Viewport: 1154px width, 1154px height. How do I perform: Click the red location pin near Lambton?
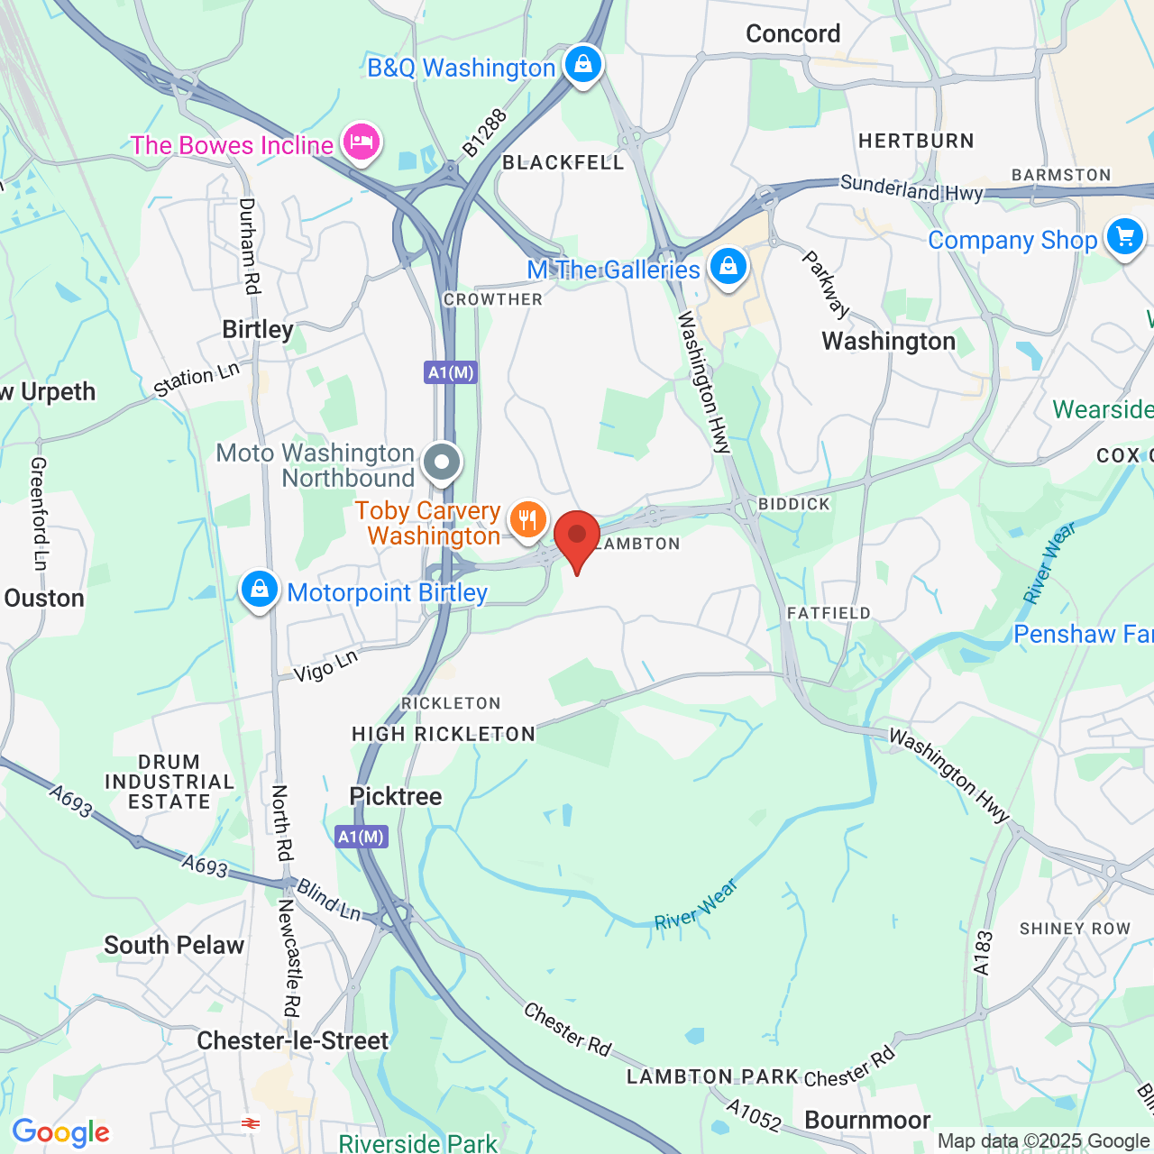click(x=577, y=538)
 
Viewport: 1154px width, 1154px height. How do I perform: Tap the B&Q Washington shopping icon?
click(x=583, y=66)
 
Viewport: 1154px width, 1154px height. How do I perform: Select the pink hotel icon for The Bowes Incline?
click(x=361, y=143)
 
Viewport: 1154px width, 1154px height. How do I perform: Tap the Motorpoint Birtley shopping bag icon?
click(x=260, y=591)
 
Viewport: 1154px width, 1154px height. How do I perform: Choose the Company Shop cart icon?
click(x=1124, y=238)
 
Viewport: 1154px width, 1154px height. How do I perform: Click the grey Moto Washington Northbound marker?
click(x=442, y=463)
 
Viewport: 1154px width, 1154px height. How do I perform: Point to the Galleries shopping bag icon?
click(x=728, y=268)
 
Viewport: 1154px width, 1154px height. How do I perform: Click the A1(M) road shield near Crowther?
click(x=451, y=372)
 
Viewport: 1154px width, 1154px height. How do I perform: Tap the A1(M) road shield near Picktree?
click(x=362, y=837)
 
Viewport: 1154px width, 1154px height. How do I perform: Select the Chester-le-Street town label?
click(x=293, y=1040)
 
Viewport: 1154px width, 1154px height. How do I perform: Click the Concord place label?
click(x=792, y=34)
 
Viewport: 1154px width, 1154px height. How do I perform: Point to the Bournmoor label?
click(x=867, y=1120)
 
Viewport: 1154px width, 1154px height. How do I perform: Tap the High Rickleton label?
click(x=444, y=734)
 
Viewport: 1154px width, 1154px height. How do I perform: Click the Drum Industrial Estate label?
click(x=169, y=782)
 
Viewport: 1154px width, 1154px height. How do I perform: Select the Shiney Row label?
click(x=1075, y=929)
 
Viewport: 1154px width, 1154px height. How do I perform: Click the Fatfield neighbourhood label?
click(x=829, y=613)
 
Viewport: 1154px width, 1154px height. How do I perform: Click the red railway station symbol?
click(x=250, y=1123)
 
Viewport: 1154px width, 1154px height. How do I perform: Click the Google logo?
click(x=61, y=1132)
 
